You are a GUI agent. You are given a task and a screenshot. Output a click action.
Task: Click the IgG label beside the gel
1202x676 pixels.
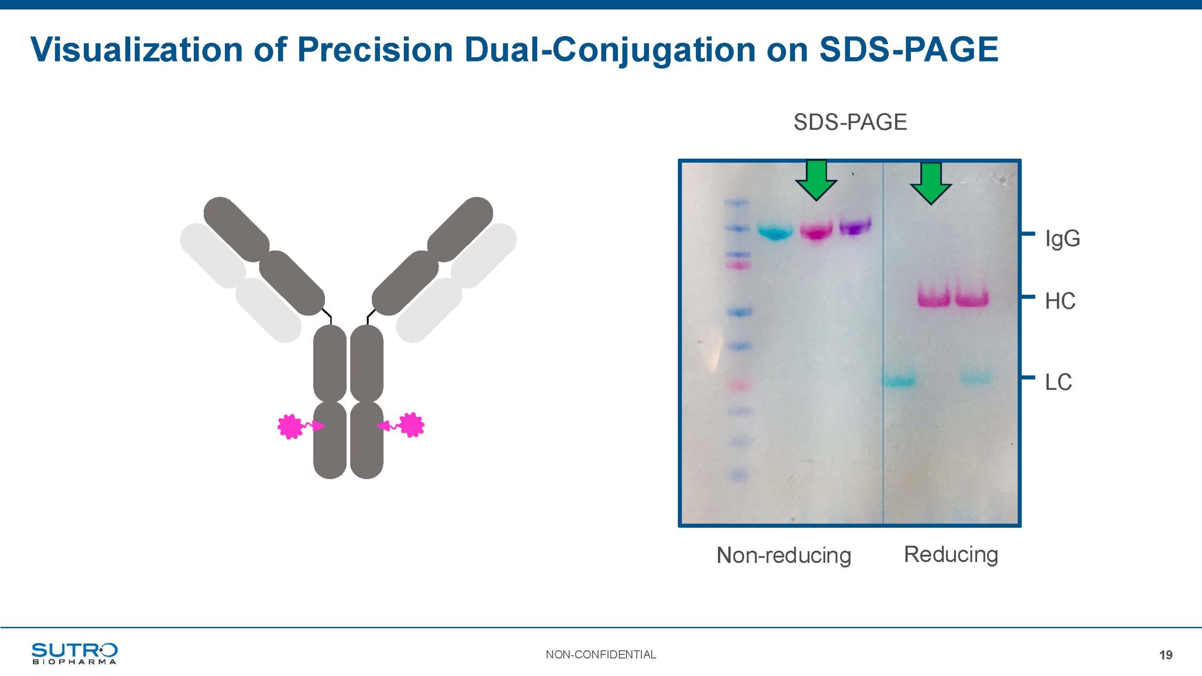(1062, 239)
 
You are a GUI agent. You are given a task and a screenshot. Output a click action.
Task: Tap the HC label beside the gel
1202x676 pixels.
(1060, 301)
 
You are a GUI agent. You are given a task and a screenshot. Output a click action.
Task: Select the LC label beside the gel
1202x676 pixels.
(1058, 382)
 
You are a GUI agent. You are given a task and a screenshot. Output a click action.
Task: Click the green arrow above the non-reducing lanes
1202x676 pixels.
(817, 180)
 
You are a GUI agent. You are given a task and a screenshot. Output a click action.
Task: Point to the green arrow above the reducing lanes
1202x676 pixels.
(931, 184)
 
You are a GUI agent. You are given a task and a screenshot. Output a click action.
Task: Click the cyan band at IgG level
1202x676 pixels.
(776, 232)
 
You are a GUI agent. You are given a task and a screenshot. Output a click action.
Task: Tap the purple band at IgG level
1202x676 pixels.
(855, 226)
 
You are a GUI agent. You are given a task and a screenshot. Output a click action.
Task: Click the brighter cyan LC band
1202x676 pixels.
(899, 381)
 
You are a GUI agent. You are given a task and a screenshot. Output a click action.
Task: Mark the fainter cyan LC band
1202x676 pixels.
(976, 377)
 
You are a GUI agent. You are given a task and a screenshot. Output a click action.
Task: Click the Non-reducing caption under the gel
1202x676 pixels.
(784, 555)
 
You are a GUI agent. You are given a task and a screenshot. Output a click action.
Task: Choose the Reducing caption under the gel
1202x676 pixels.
(951, 554)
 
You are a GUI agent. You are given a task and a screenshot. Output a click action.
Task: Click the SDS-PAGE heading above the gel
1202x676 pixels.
(850, 122)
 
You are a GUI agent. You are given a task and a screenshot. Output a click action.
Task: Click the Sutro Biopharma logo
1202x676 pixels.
(74, 653)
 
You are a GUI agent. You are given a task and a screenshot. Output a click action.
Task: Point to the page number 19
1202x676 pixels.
(1166, 655)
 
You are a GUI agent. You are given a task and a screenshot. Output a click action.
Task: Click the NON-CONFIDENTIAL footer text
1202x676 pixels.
(601, 654)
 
